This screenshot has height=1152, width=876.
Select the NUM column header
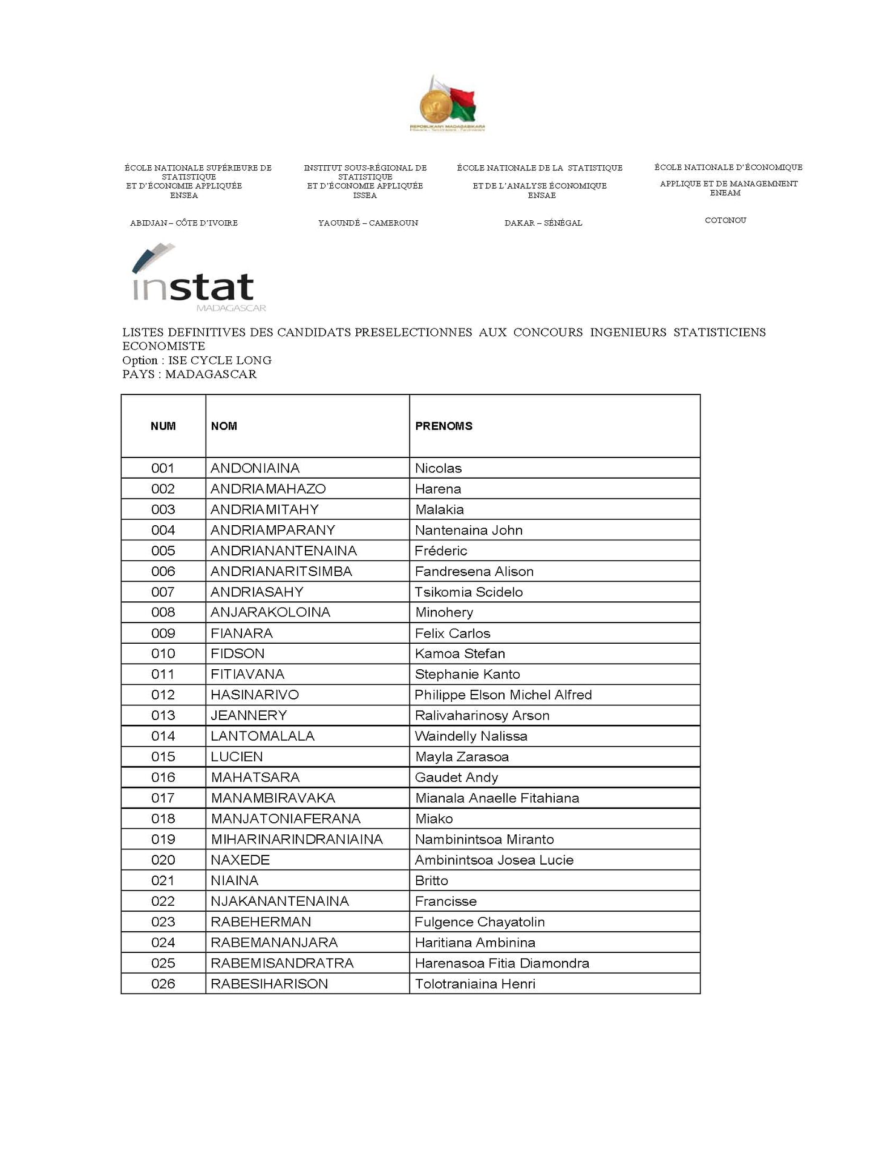pos(163,426)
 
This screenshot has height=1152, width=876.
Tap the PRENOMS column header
pos(443,426)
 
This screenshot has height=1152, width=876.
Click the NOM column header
pos(224,426)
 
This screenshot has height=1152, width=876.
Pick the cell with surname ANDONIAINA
pos(255,468)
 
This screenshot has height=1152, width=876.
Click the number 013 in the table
pos(163,715)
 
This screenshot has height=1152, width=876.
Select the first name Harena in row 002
pos(438,489)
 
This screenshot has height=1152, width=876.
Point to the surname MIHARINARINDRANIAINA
pos(296,839)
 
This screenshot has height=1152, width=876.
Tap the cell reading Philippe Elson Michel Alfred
pos(503,695)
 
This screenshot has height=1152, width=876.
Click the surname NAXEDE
pos(240,860)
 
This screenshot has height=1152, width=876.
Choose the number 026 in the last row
pos(163,984)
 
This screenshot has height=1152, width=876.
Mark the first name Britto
pos(431,880)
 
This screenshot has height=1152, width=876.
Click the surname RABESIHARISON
pos(269,984)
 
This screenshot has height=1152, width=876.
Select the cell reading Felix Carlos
pos(453,633)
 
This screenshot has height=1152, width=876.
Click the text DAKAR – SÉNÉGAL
pos(543,223)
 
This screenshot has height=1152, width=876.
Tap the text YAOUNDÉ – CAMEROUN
pos(368,223)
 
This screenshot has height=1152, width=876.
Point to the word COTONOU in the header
pos(725,220)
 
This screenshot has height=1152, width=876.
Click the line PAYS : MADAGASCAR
pos(189,375)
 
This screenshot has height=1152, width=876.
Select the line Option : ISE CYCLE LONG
pos(197,361)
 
